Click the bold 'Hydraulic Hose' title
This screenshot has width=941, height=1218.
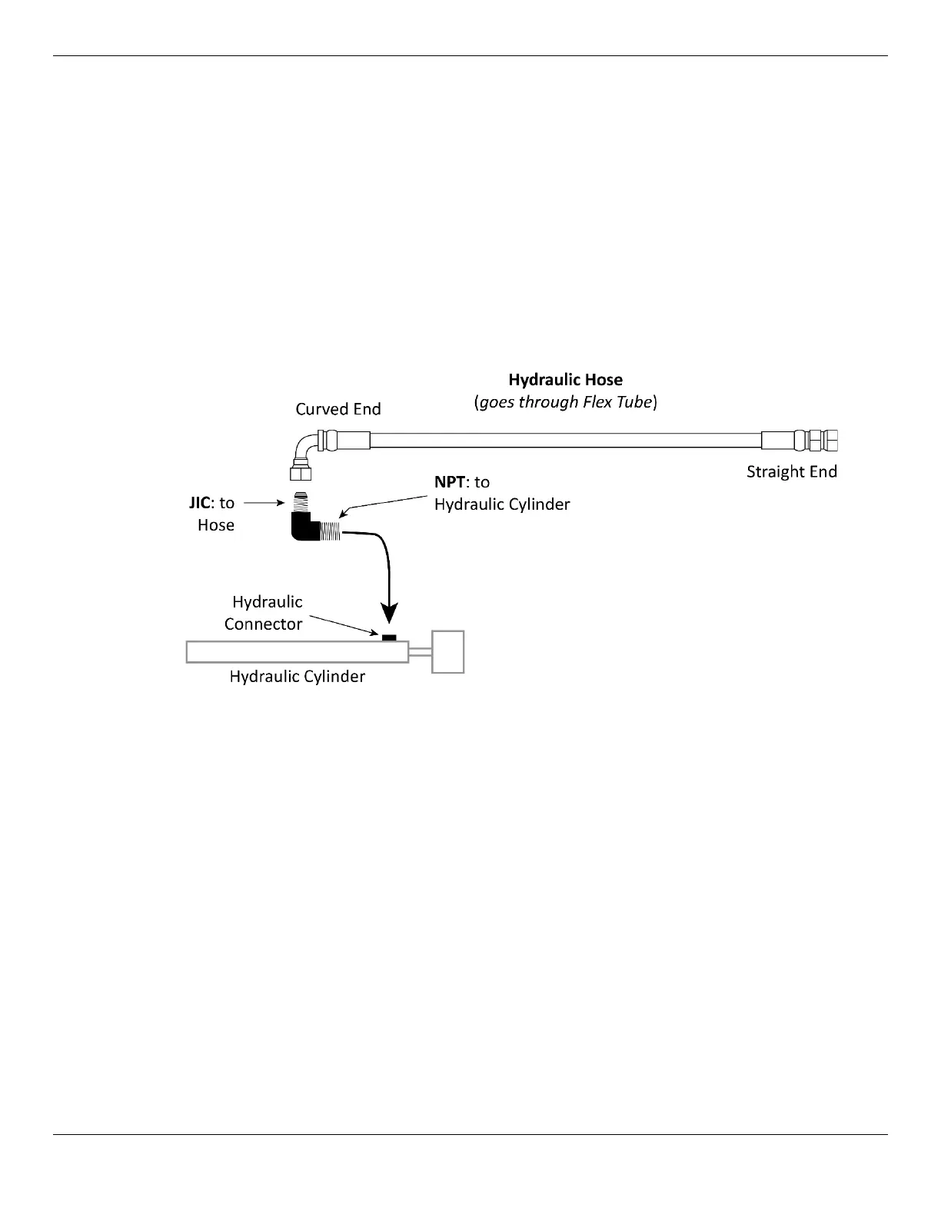coord(565,380)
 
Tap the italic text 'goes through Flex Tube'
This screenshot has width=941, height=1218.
coord(565,402)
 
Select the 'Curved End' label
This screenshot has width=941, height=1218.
coord(338,409)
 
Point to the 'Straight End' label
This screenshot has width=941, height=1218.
coord(791,471)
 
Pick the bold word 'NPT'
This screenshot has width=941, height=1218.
coord(450,482)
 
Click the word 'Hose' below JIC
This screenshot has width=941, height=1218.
coord(216,525)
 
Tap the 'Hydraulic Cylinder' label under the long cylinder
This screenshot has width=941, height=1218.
coord(298,677)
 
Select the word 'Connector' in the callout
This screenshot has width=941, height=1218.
coord(263,624)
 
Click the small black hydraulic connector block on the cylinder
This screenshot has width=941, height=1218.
coord(389,637)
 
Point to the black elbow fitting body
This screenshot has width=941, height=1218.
coord(305,528)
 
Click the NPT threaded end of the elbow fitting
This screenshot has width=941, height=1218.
coord(331,529)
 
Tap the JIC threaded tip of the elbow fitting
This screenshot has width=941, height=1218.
coord(302,501)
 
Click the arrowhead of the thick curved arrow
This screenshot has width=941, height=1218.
coord(391,612)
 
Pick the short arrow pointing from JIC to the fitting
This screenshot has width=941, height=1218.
coord(264,503)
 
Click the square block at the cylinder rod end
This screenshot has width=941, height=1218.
coord(447,652)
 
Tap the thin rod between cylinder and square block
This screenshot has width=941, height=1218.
coord(420,652)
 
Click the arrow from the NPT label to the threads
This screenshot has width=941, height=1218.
coord(384,504)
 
